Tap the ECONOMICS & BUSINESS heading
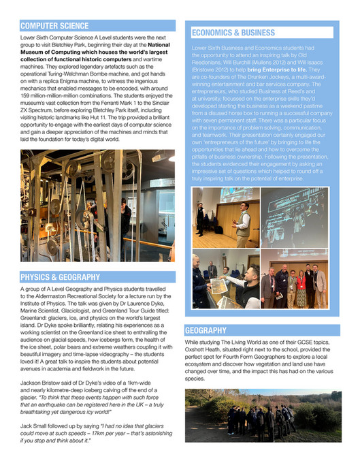[x=233, y=32]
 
